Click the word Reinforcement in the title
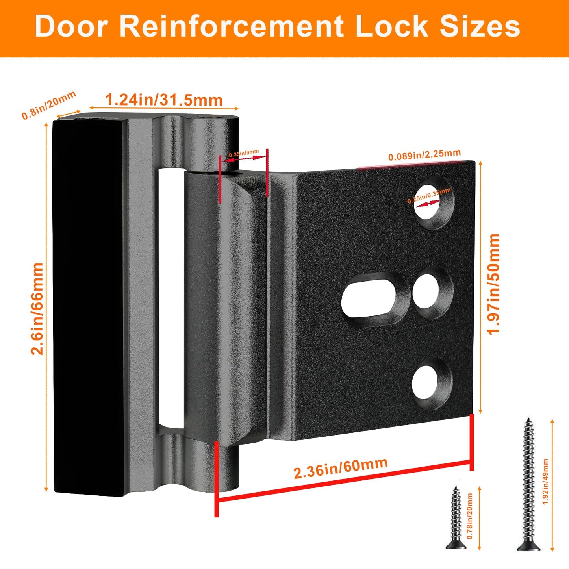tap(231, 27)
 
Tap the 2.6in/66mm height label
tap(37, 309)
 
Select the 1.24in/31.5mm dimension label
tap(164, 100)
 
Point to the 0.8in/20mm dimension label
tap(48, 105)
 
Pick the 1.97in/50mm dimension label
tap(493, 284)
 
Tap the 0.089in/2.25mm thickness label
tap(424, 155)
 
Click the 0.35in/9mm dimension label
tap(244, 153)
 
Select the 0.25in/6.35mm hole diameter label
tap(429, 195)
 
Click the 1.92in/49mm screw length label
tap(545, 481)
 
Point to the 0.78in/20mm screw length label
tap(469, 516)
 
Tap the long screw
tap(528, 484)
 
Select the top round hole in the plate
tap(432, 203)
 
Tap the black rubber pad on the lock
tap(89, 307)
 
